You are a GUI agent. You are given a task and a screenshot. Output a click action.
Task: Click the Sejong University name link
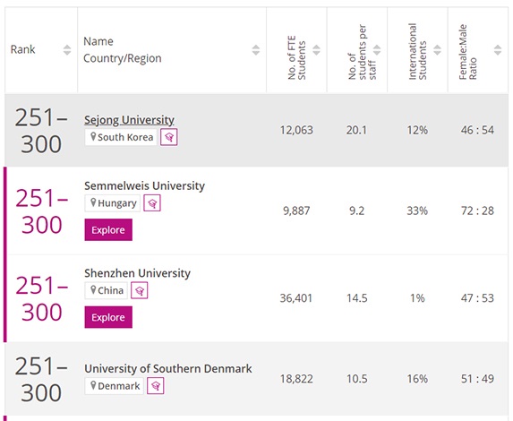click(129, 120)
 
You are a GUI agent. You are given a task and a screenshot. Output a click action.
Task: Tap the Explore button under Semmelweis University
click(108, 230)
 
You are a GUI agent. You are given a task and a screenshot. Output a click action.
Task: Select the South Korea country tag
click(121, 137)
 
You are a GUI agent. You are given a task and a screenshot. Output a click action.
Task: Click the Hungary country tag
click(113, 203)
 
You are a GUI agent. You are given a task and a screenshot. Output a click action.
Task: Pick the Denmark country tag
click(115, 386)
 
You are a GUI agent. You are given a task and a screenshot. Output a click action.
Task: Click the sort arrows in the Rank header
click(67, 50)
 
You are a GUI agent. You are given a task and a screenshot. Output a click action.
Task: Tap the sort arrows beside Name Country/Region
click(256, 50)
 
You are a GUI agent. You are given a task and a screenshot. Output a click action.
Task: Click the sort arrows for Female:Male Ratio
click(498, 50)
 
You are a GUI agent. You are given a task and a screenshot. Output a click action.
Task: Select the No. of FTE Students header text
click(296, 57)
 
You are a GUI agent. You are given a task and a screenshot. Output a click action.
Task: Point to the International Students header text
click(417, 51)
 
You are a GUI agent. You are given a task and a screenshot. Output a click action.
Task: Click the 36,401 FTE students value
click(296, 298)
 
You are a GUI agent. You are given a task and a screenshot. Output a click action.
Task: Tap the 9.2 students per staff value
click(356, 210)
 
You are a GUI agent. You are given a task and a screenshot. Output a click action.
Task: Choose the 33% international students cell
click(417, 210)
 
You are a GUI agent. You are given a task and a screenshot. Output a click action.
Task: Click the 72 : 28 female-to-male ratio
click(477, 210)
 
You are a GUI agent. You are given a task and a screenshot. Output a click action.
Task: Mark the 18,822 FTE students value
click(296, 379)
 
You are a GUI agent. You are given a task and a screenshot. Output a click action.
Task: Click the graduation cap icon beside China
click(140, 291)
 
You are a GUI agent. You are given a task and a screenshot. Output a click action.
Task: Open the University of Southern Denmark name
click(168, 369)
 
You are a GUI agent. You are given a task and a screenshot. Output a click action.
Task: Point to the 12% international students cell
click(417, 130)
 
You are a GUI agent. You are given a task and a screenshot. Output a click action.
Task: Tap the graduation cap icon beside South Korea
click(169, 137)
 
